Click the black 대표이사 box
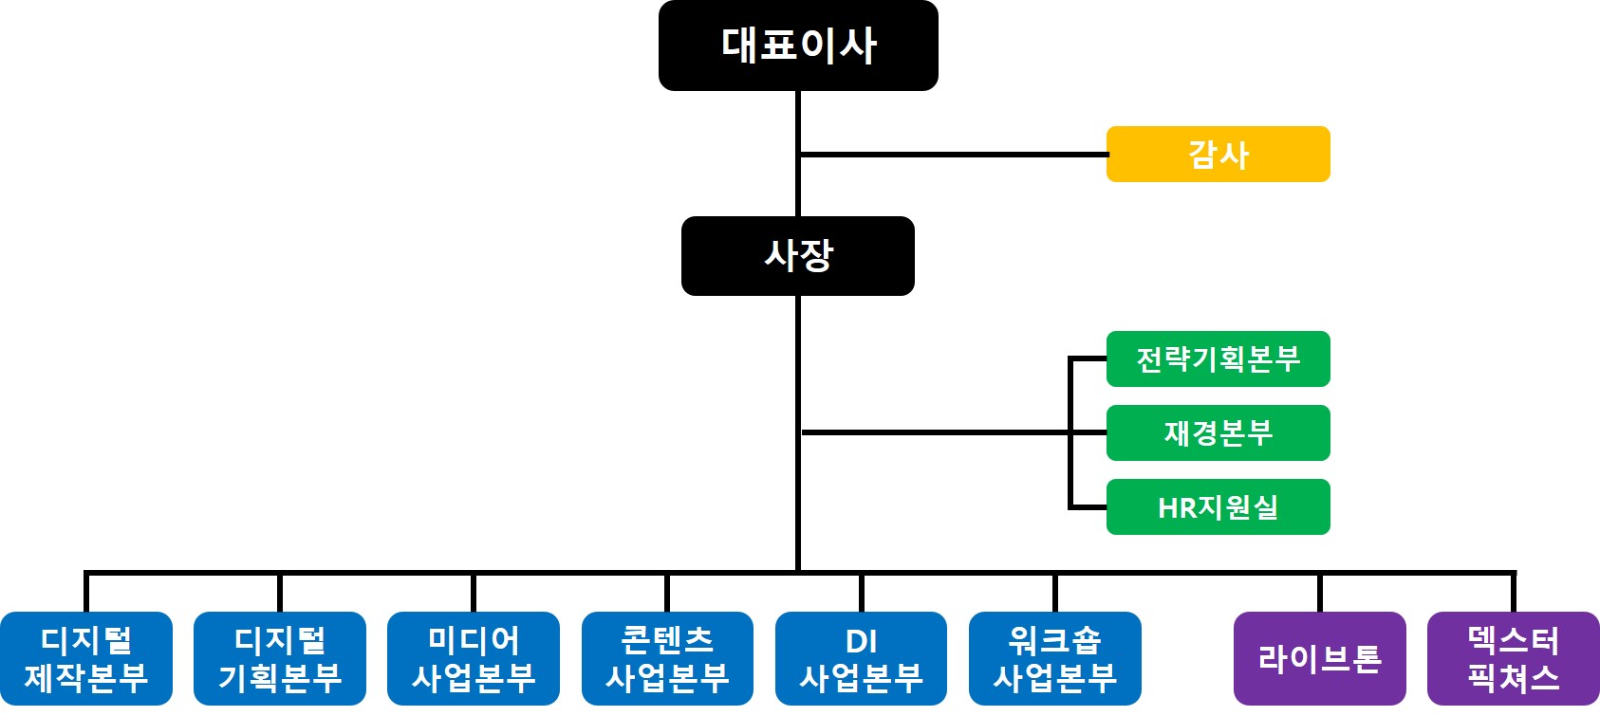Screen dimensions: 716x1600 point(798,46)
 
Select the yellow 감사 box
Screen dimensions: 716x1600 point(1218,154)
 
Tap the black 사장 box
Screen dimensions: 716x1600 point(798,256)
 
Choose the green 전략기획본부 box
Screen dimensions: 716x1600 point(1218,358)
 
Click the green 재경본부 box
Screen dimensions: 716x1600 point(1218,432)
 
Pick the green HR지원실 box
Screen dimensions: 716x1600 point(1218,506)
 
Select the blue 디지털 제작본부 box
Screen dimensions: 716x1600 point(86,658)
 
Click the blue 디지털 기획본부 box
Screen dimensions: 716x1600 point(280,658)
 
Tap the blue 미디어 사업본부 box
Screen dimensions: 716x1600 point(474,658)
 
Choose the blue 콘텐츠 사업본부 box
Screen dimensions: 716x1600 point(667,658)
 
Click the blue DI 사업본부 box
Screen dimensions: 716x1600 point(861,658)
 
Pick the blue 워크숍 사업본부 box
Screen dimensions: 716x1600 point(1054,658)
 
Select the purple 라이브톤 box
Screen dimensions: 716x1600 point(1319,658)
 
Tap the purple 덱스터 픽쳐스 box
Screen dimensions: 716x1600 point(1513,658)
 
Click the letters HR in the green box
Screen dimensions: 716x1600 point(1177,508)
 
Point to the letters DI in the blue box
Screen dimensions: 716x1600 point(861,642)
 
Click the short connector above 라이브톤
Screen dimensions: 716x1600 point(1319,593)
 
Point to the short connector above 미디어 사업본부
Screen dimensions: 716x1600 point(474,593)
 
